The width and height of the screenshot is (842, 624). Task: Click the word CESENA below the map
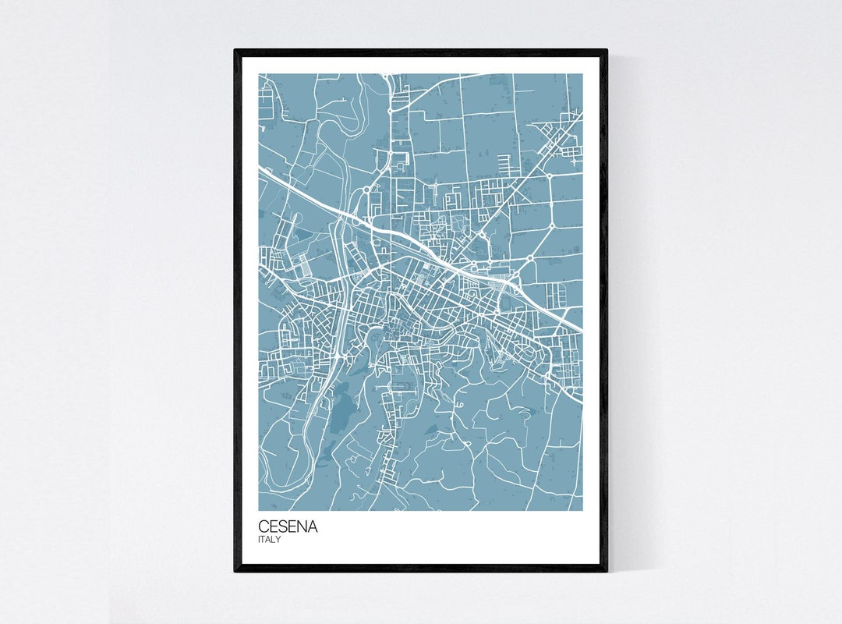click(288, 527)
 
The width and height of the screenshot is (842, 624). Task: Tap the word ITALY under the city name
click(270, 539)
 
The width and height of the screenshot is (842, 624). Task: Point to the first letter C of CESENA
click(264, 527)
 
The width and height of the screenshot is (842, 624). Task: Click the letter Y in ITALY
click(279, 539)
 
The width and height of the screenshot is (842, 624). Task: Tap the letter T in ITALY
click(264, 539)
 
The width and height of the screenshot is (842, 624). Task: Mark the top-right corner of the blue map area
click(582, 74)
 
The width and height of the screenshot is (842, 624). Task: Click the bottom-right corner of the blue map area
click(582, 510)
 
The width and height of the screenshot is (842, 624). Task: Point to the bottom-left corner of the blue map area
click(259, 510)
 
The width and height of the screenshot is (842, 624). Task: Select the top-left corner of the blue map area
click(259, 74)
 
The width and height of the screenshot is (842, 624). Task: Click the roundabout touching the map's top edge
click(386, 76)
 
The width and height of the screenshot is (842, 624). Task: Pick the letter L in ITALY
click(274, 539)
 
